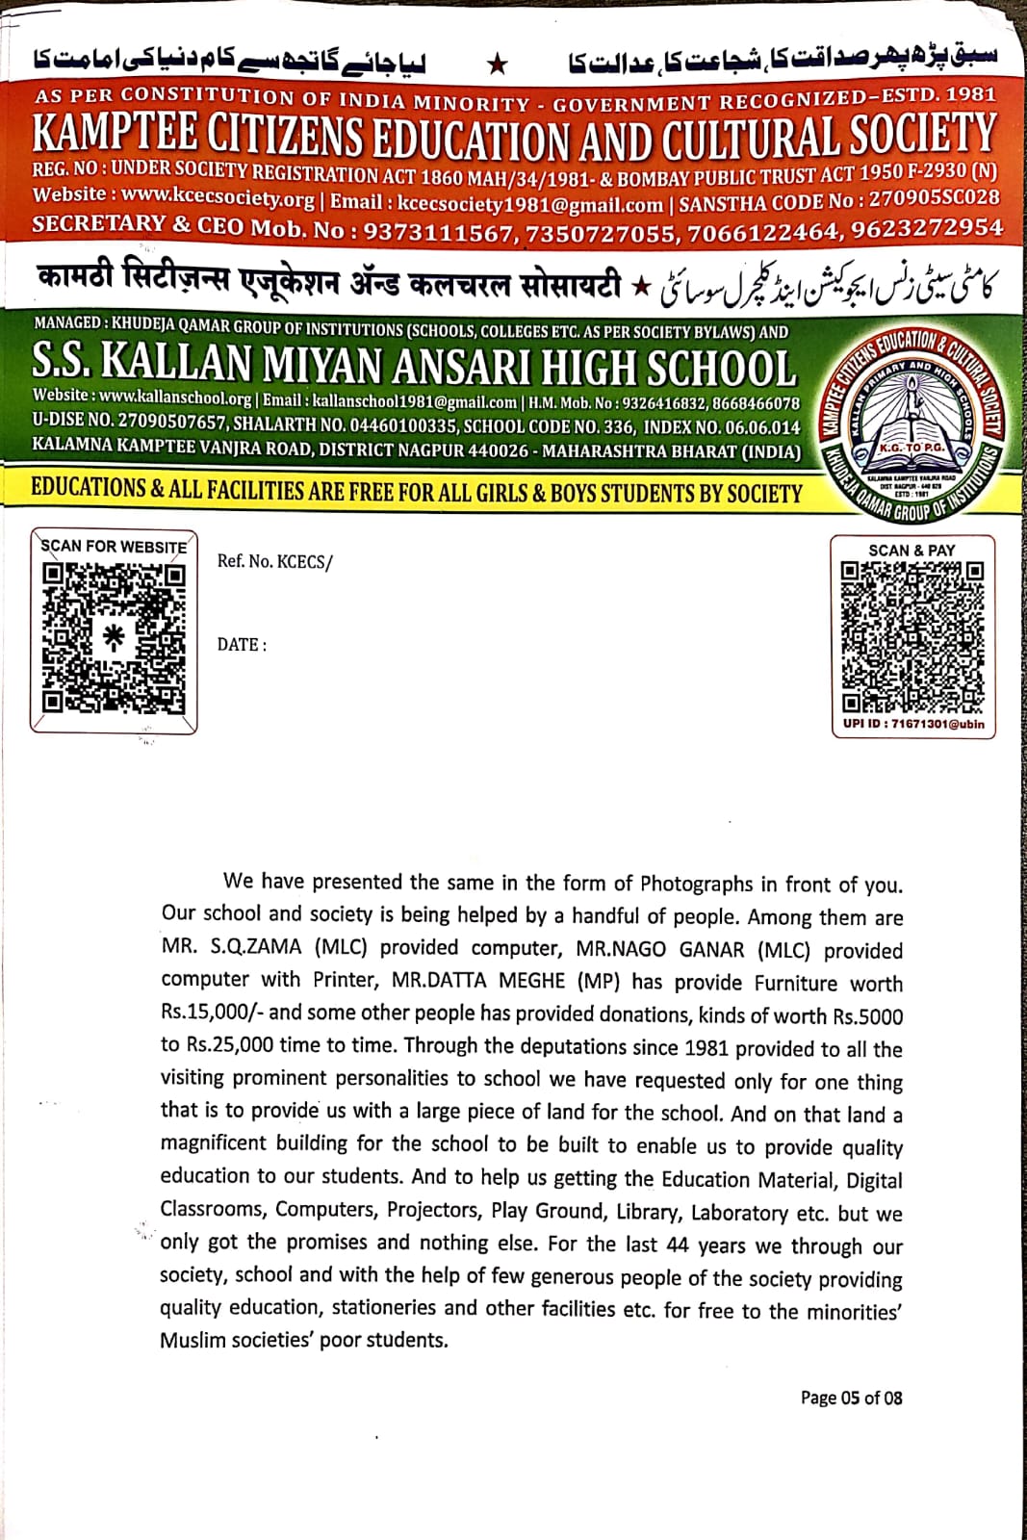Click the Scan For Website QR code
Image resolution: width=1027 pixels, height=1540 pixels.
pos(114,637)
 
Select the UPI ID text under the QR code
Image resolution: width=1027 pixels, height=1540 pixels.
pos(913,724)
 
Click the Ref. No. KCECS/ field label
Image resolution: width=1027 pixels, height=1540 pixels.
pos(274,562)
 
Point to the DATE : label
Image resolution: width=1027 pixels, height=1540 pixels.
pos(242,645)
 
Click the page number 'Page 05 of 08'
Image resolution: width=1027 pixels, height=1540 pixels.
pos(851,1398)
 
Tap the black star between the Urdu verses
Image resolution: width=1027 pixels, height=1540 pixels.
pos(498,64)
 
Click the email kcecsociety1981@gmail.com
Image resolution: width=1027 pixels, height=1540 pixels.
pos(530,203)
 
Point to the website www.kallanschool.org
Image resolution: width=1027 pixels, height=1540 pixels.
pos(175,398)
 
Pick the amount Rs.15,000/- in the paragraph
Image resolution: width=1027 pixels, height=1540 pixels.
pos(213,1014)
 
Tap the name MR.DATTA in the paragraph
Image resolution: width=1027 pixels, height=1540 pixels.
pos(439,982)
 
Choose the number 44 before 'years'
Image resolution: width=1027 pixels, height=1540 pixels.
pos(678,1245)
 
